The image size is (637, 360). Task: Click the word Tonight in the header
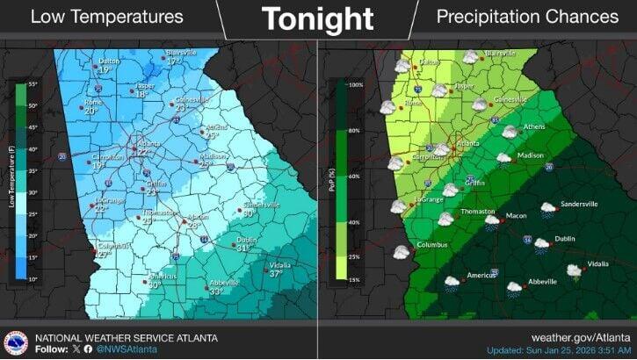pos(317,18)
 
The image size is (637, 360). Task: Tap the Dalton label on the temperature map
pos(108,61)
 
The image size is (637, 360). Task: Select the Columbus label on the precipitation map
pos(432,245)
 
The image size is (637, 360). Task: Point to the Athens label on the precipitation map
pos(534,127)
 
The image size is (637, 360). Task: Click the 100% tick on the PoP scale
pos(356,85)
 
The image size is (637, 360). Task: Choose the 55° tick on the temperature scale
pos(33,84)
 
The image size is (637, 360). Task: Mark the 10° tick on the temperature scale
pos(33,279)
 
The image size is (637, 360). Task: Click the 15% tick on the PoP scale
pos(356,280)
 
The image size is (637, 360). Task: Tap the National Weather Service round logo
pos(16,342)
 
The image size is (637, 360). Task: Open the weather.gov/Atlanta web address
pos(583,336)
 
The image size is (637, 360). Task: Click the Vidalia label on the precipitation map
pos(597,263)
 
